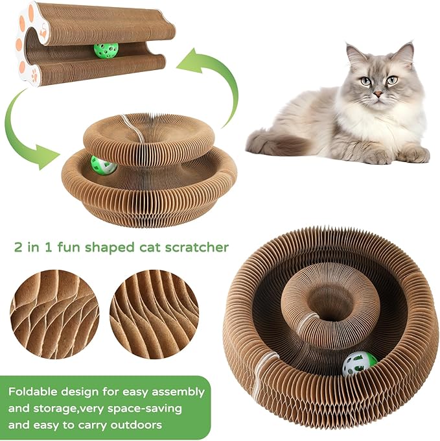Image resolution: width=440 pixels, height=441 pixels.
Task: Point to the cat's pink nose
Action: pyautogui.click(x=378, y=94)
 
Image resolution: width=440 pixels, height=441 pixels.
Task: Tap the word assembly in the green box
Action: pyautogui.click(x=179, y=392)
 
